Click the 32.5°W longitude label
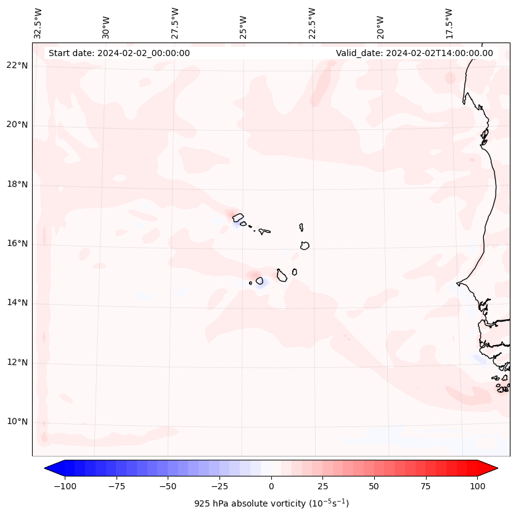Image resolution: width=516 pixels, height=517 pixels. click(x=38, y=23)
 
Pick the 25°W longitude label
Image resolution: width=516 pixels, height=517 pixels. click(x=244, y=23)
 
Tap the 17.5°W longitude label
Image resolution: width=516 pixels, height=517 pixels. click(x=449, y=23)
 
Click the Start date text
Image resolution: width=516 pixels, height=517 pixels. click(x=119, y=53)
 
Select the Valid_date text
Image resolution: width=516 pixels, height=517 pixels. click(x=414, y=53)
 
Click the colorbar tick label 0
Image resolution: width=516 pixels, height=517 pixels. click(x=271, y=486)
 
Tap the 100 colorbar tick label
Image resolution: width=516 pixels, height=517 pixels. click(x=478, y=486)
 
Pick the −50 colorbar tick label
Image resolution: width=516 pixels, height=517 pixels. click(x=167, y=486)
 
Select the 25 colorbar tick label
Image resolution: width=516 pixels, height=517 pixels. click(x=322, y=486)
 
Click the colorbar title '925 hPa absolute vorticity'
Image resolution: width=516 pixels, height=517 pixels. click(x=271, y=503)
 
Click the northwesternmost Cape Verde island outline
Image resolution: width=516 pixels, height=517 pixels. click(x=238, y=218)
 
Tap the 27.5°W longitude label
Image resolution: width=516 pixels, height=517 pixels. click(x=175, y=23)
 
